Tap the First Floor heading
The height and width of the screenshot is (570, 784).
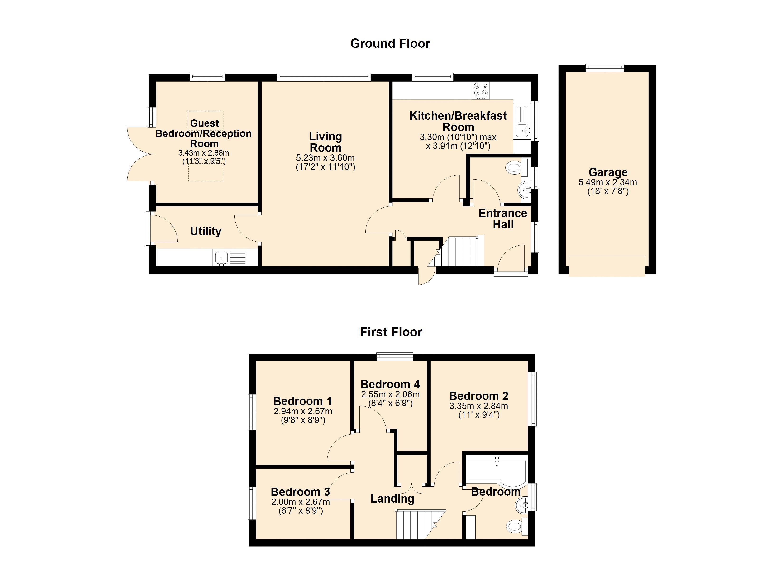[x=391, y=332]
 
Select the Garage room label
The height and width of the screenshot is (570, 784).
[x=608, y=172]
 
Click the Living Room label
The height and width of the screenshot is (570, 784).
[x=325, y=142]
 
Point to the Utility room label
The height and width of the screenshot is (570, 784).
[x=206, y=231]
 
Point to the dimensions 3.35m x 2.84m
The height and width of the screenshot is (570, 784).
[x=479, y=406]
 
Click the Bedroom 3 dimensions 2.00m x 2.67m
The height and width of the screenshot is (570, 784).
[x=300, y=502]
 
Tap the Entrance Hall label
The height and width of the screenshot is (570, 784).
[x=503, y=219]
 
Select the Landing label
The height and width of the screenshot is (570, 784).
[x=392, y=499]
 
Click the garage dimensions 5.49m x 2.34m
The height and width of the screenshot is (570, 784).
[x=608, y=182]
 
